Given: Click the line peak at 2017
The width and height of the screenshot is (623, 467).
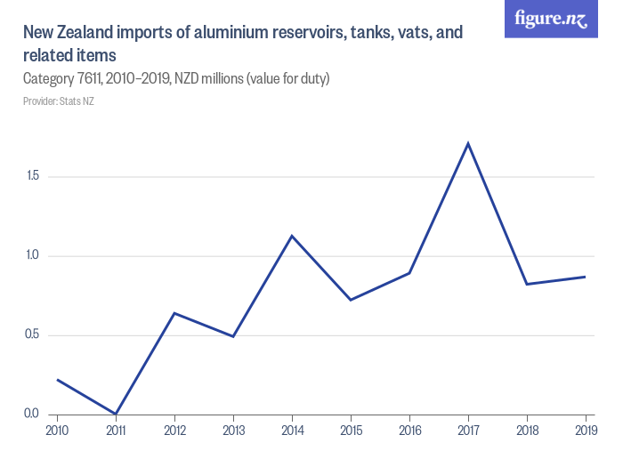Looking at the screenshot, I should pos(468,143).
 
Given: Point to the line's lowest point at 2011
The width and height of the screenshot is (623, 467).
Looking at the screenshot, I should pos(116,414).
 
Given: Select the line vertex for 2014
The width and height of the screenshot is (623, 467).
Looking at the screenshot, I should pos(292,236).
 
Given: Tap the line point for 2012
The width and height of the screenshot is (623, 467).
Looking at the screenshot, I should pos(174,313).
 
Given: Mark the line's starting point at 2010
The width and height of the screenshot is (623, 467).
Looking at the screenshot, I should pos(57,380).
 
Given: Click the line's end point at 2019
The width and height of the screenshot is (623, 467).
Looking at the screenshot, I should pos(586,277).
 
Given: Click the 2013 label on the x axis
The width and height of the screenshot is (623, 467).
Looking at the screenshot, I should pos(233,431).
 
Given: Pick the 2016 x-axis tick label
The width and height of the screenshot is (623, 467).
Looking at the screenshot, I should pos(409,431).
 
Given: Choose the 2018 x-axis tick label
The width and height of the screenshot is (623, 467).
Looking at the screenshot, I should pos(527,431).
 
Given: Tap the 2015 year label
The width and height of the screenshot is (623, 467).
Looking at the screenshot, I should pos(351,431).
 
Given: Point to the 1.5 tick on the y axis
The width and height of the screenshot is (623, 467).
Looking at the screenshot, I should pos(33,176).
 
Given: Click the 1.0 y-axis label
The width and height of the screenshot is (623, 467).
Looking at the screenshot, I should pos(33,255).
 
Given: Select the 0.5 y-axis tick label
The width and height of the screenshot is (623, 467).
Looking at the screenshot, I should pos(33,335).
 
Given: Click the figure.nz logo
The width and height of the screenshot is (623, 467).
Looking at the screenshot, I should pos(551,19).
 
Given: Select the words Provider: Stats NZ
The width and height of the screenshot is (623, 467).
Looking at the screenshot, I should pos(59,101).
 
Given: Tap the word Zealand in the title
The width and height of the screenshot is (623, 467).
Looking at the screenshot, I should pos(85,34).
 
